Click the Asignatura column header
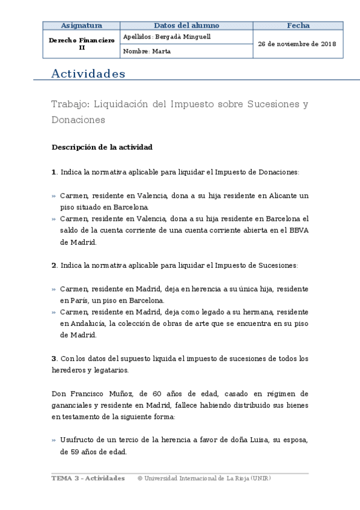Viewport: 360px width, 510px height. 82,26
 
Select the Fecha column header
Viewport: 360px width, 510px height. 298,26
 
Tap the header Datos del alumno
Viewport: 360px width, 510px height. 186,26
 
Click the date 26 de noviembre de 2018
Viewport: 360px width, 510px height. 297,44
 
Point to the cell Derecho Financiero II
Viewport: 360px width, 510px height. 82,44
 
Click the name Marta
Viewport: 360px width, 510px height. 162,52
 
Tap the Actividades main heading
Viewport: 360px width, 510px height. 88,74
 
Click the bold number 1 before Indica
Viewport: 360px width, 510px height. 54,172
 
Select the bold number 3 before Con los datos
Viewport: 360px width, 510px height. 54,358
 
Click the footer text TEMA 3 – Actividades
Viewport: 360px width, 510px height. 88,478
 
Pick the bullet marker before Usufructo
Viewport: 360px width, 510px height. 54,440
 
